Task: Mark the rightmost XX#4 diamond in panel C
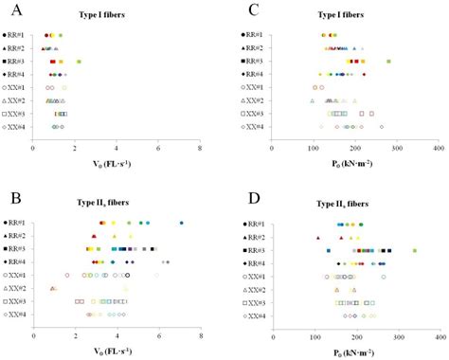pos(382,126)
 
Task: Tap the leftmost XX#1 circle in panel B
pos(67,275)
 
